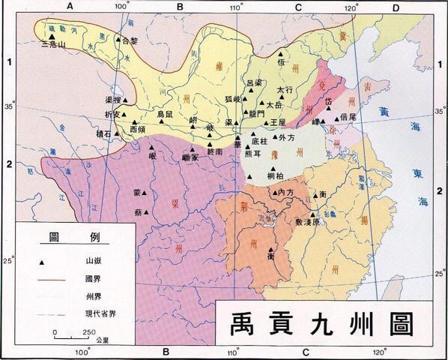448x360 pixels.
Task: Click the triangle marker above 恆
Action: coord(282,55)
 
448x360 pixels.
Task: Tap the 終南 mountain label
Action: coord(214,151)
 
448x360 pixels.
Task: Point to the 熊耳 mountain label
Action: coord(253,153)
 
